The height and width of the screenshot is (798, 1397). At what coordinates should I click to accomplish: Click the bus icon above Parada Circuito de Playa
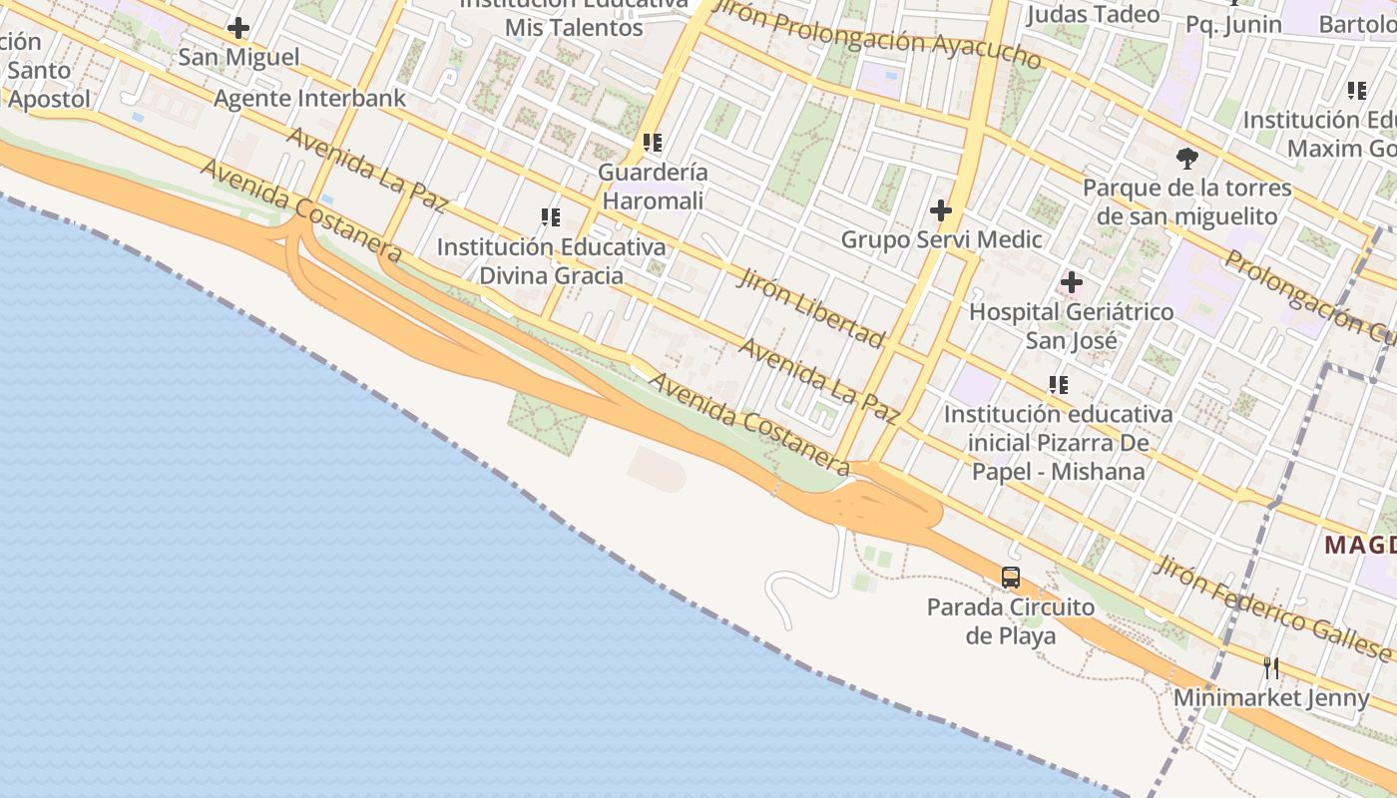[1011, 577]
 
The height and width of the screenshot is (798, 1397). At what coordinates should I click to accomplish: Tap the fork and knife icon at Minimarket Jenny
[1271, 667]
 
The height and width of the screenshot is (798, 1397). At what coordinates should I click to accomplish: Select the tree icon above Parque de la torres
[1186, 158]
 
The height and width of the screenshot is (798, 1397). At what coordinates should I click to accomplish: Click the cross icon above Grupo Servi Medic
[940, 210]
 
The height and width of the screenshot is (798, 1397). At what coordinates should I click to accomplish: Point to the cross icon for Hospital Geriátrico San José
[1072, 282]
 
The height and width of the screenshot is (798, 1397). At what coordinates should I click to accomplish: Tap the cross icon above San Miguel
[237, 27]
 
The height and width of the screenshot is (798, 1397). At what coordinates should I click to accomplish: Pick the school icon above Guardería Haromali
[653, 143]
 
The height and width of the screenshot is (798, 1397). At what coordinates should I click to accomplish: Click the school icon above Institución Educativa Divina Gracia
[550, 216]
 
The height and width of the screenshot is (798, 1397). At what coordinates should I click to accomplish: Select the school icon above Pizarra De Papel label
[1058, 384]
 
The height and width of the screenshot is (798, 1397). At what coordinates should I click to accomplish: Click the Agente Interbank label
[310, 98]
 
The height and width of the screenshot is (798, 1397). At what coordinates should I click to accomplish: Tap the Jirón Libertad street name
[810, 307]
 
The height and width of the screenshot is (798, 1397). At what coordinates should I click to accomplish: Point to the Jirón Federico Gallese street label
[1272, 608]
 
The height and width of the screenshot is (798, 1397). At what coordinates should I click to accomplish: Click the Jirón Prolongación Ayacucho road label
[879, 40]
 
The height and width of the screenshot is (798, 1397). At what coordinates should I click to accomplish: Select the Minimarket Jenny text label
[1271, 698]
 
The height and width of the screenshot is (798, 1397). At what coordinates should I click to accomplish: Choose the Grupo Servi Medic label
[941, 239]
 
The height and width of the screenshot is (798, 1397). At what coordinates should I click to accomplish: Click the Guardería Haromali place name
[653, 187]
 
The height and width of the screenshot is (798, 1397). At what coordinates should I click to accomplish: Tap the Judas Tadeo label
[1093, 14]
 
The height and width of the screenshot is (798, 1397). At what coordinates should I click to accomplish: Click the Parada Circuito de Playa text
[1010, 620]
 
